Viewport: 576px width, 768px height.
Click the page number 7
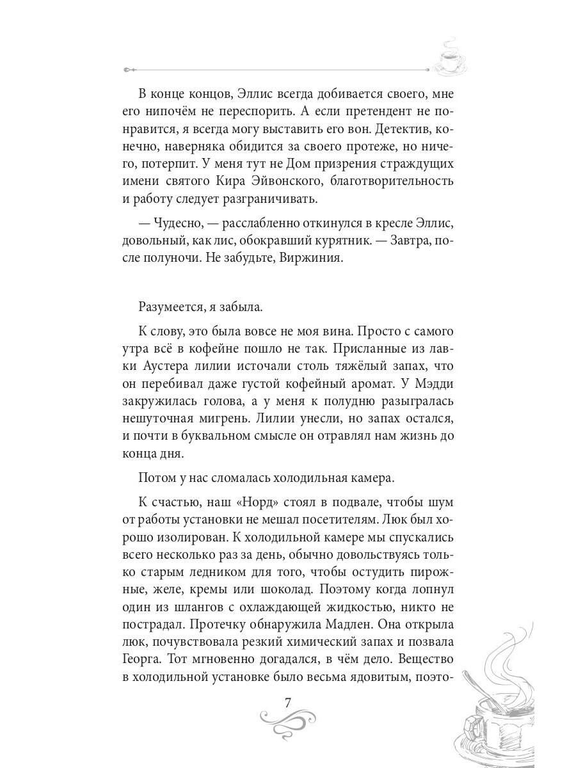pyautogui.click(x=288, y=700)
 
